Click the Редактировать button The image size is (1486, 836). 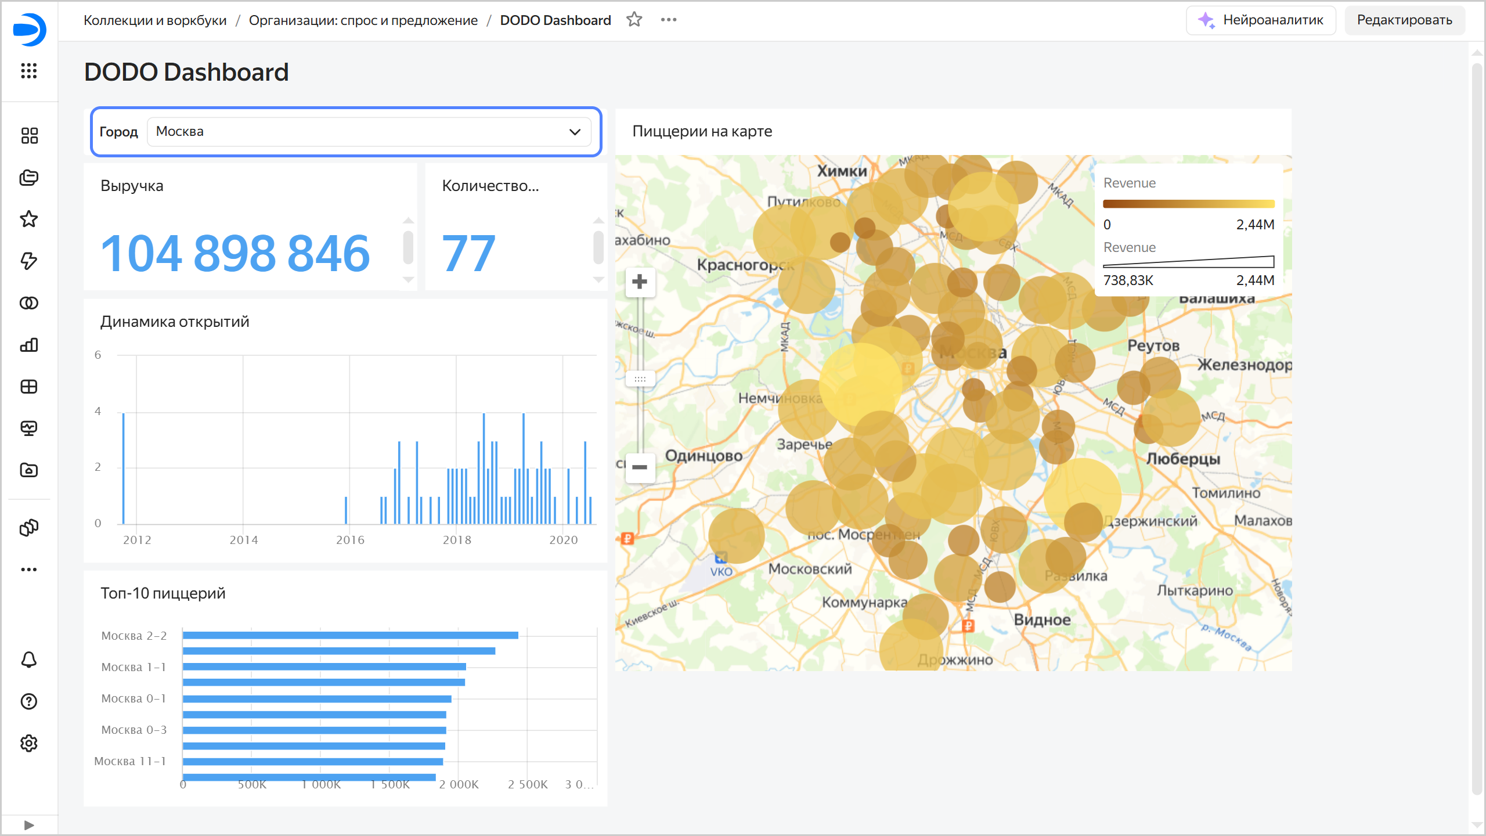[1404, 20]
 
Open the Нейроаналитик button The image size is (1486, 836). [1261, 20]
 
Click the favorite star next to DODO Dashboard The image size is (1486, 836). [634, 20]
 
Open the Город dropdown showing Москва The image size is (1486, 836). [369, 132]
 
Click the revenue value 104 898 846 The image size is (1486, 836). [235, 253]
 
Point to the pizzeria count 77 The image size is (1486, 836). [468, 253]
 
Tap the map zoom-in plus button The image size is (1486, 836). [640, 282]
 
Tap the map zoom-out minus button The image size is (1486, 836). [640, 467]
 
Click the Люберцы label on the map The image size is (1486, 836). [1183, 459]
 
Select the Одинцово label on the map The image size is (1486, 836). [704, 456]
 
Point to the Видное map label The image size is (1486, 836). [1042, 620]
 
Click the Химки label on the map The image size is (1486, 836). [842, 171]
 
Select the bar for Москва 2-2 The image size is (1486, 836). [350, 635]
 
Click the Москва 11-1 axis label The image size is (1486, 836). [130, 761]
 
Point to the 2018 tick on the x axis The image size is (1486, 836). [457, 540]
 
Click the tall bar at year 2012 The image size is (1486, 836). [124, 468]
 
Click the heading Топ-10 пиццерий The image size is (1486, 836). [163, 593]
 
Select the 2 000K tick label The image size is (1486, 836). [459, 784]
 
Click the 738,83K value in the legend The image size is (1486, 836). [1128, 280]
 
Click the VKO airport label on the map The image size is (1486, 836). [721, 571]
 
